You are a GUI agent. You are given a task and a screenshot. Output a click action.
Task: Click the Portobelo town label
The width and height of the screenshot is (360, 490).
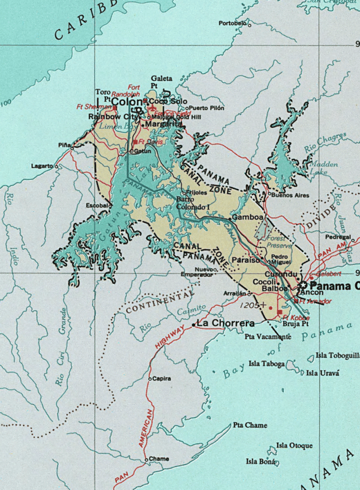click(233, 23)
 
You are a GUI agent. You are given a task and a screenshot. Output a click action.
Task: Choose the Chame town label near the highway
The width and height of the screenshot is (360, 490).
click(159, 458)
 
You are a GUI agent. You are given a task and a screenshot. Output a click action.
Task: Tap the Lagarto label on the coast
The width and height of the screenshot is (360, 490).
click(43, 166)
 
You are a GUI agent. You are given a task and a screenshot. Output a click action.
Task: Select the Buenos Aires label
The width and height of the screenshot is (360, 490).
click(291, 196)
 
